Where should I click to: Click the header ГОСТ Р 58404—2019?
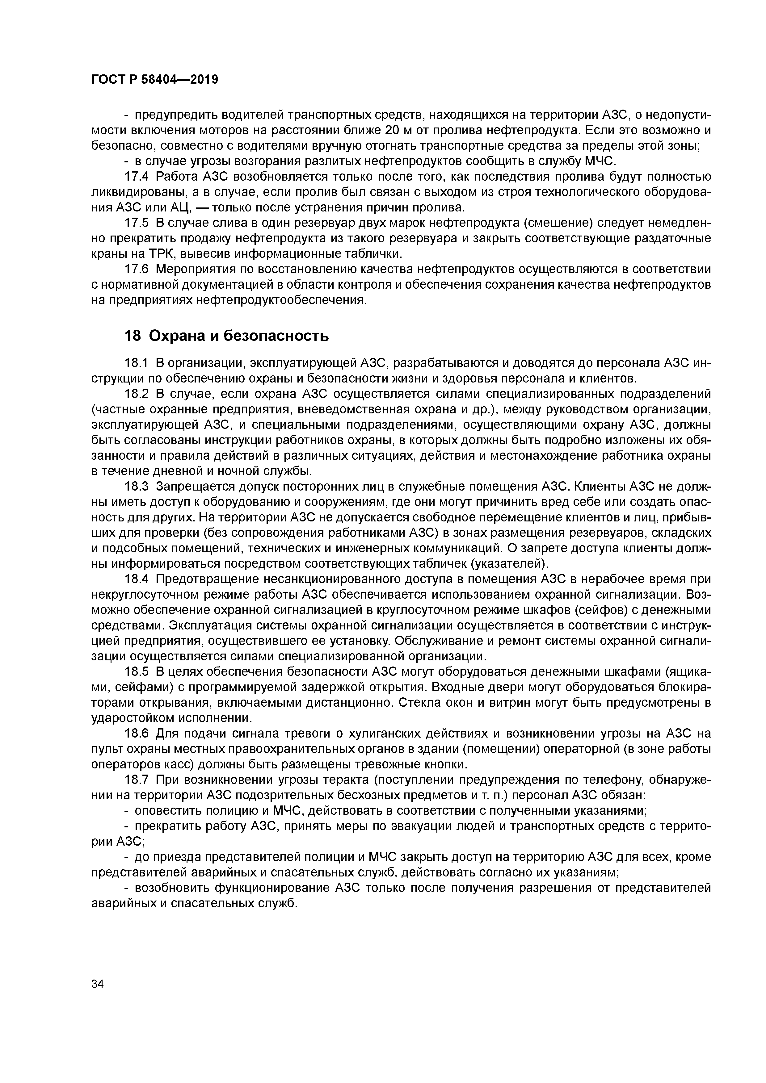pos(154,80)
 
